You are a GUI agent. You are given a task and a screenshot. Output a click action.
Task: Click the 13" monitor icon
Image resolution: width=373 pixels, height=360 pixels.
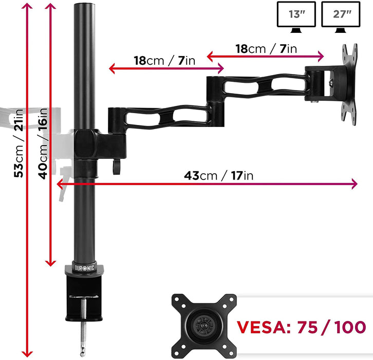296,16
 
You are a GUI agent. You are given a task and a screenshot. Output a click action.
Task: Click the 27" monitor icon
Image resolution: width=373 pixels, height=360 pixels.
341,16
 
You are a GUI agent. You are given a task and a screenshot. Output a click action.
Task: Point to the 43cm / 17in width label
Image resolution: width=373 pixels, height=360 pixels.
219,175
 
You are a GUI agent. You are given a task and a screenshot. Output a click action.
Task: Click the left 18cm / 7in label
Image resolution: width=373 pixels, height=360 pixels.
165,60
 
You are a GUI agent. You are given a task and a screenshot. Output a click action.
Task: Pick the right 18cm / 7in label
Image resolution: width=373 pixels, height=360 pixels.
266,49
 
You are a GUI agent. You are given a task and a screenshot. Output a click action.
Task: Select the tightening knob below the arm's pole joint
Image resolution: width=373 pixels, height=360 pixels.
117,166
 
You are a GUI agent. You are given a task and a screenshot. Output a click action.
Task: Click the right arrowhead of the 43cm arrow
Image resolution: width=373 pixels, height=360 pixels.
354,184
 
